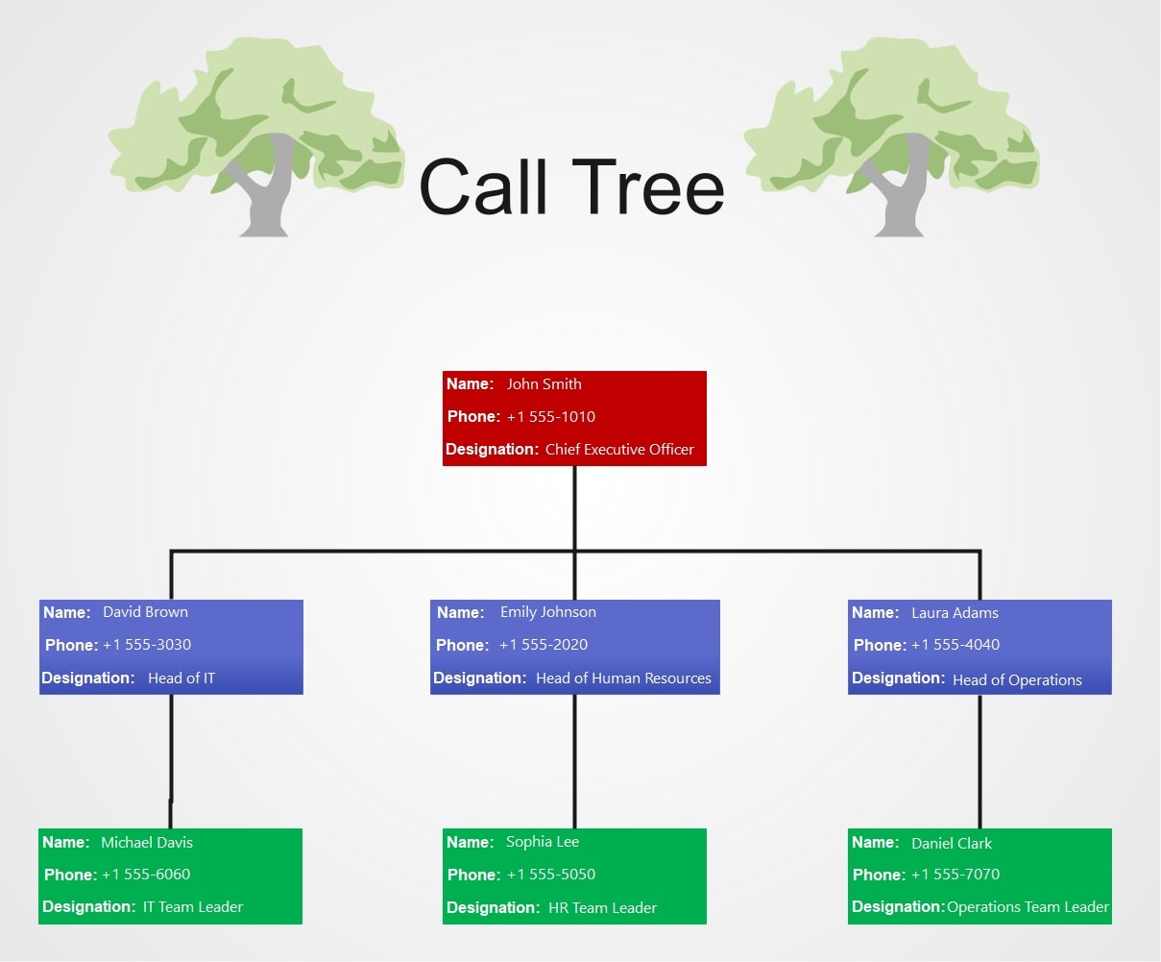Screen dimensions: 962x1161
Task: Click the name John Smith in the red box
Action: pyautogui.click(x=544, y=384)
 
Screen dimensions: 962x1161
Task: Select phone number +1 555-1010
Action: pyautogui.click(x=550, y=417)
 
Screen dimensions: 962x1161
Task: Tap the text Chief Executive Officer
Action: pyautogui.click(x=619, y=450)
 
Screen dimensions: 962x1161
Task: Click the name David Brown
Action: pyautogui.click(x=145, y=612)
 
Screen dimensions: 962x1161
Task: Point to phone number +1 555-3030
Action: pyautogui.click(x=146, y=645)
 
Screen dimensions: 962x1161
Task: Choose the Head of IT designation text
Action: pyautogui.click(x=181, y=678)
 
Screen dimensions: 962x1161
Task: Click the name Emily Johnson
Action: pyautogui.click(x=547, y=612)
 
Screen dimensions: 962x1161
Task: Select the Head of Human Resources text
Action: pyautogui.click(x=623, y=678)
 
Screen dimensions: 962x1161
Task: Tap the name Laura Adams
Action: pyautogui.click(x=955, y=613)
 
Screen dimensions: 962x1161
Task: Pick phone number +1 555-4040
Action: pyautogui.click(x=955, y=645)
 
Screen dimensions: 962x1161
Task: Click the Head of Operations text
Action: pyautogui.click(x=1017, y=680)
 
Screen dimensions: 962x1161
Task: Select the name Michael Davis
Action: pyautogui.click(x=147, y=843)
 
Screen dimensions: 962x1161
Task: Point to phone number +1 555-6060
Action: pyautogui.click(x=146, y=875)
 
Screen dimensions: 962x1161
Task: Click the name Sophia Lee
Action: pyautogui.click(x=543, y=842)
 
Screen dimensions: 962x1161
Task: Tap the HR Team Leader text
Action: pyautogui.click(x=602, y=908)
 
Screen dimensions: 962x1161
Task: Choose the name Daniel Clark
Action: pyautogui.click(x=952, y=844)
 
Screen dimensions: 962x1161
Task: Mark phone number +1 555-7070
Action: pyautogui.click(x=955, y=875)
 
